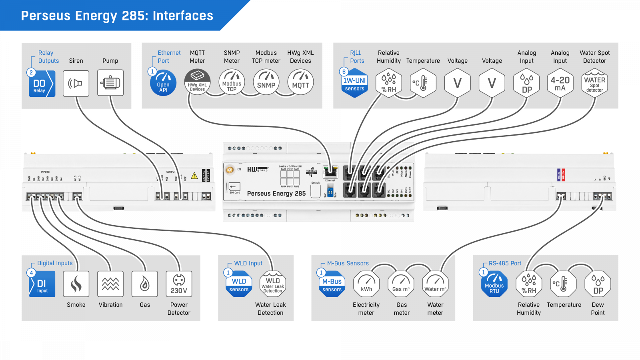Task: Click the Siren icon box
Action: [76, 83]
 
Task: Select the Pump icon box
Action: [110, 83]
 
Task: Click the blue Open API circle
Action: [163, 83]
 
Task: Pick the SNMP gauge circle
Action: [266, 82]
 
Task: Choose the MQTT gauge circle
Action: [300, 82]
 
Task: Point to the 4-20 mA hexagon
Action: [560, 83]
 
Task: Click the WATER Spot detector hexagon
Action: [595, 83]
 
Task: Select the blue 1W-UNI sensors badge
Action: [354, 83]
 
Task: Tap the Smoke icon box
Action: [76, 284]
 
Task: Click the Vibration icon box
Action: [110, 284]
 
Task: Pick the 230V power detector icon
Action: [179, 284]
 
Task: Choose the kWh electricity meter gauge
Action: [366, 284]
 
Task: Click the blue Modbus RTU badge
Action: [494, 284]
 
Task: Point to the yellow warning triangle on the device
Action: [194, 176]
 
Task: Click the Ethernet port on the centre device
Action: [330, 172]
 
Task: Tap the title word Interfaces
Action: [183, 16]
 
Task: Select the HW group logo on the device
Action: [257, 170]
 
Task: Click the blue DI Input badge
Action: [42, 284]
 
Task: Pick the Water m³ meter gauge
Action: [435, 284]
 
